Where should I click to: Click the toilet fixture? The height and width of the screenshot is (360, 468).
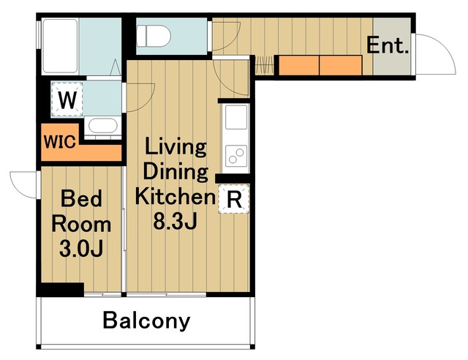[x=154, y=36]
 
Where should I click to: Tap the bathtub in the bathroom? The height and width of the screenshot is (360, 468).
[x=60, y=46]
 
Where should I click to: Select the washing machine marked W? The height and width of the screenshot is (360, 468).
[x=67, y=100]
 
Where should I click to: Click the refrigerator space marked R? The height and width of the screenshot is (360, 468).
[x=234, y=199]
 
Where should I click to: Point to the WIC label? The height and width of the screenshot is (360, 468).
[x=60, y=142]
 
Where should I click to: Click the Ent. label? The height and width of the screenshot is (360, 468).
[x=388, y=45]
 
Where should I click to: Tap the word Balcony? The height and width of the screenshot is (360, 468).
[x=146, y=320]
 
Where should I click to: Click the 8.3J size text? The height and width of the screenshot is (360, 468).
[x=175, y=221]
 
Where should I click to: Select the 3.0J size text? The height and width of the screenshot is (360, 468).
[x=81, y=249]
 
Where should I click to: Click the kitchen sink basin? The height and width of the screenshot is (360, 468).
[x=236, y=117]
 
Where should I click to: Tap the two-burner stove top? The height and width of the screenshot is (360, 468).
[x=236, y=156]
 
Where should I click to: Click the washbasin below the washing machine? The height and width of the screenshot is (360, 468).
[x=102, y=126]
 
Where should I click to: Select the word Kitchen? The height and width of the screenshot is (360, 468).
[x=175, y=197]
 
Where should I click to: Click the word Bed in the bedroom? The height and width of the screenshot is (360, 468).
[x=81, y=198]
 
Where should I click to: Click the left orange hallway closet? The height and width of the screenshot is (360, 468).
[x=299, y=65]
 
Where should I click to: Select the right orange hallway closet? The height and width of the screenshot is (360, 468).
[x=341, y=65]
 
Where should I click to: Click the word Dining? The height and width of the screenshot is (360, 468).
[x=175, y=171]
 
